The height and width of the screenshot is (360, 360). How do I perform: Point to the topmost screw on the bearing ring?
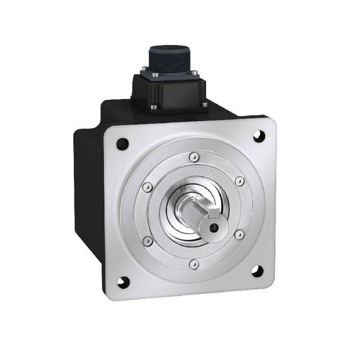pos(192,157)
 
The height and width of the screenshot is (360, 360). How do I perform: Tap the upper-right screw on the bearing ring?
pos(238,181)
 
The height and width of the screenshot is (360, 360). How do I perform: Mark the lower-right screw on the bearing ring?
pos(239,234)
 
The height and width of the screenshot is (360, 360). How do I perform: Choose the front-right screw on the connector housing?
pos(205,105)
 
